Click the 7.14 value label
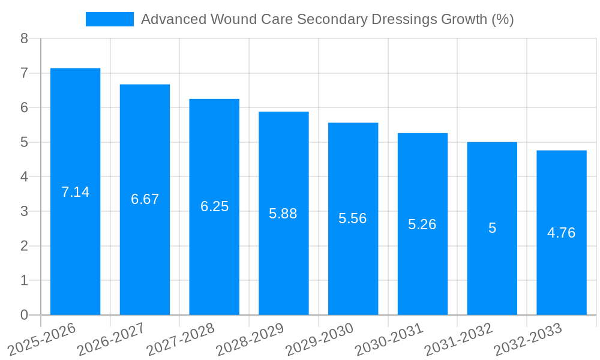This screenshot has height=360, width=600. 75,192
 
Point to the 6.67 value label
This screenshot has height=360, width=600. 145,199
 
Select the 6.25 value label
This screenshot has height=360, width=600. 214,206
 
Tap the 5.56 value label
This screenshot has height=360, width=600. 353,218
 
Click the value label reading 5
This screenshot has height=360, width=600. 492,228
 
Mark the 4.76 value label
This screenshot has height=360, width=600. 562,233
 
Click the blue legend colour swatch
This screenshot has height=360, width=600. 109,19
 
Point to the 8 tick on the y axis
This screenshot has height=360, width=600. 24,38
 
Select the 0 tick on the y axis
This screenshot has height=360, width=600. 24,315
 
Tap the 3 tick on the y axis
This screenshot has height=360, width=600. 24,211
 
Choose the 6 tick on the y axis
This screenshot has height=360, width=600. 24,107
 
